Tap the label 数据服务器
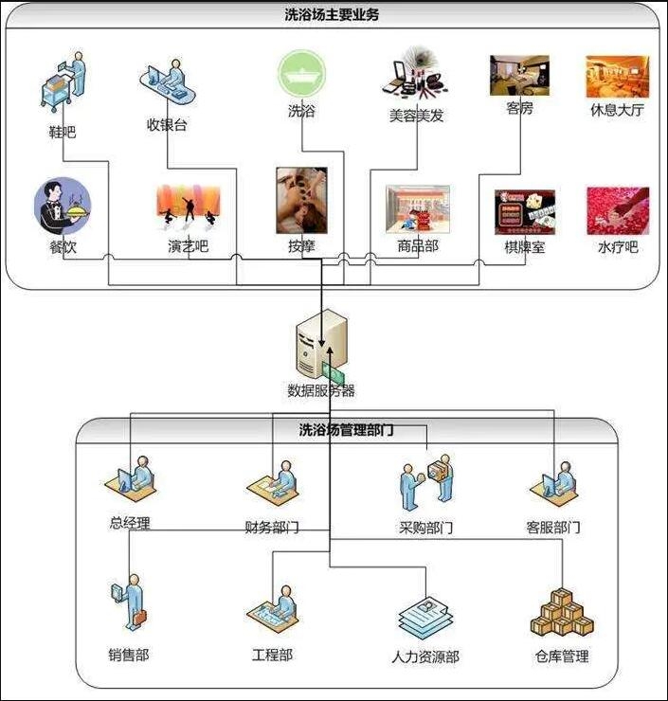coord(321,390)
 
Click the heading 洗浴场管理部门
coord(334,429)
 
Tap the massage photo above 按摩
coord(301,200)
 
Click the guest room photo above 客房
coord(519,75)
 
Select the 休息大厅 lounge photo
coord(617,77)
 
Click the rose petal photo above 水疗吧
coord(617,210)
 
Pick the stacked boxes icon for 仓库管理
coord(561,615)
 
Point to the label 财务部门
coord(272,527)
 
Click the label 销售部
coord(128,655)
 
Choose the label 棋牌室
coord(524,247)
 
